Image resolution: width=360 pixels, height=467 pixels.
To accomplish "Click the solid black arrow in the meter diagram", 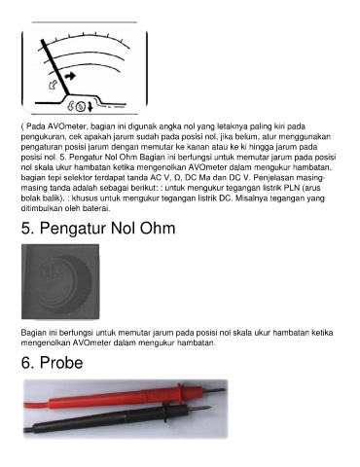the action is pyautogui.click(x=70, y=76).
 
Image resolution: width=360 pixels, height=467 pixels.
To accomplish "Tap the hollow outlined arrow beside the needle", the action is pyautogui.click(x=53, y=85).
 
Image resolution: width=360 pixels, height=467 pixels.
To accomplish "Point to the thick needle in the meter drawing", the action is pyautogui.click(x=55, y=67).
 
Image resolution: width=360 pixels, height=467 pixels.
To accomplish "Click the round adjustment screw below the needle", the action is pyautogui.click(x=81, y=106).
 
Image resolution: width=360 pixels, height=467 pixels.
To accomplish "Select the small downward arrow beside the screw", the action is pyautogui.click(x=90, y=106).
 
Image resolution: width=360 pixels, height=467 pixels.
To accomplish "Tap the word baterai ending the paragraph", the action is pyautogui.click(x=99, y=208).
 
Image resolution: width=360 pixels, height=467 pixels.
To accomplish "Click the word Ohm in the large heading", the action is pyautogui.click(x=158, y=228).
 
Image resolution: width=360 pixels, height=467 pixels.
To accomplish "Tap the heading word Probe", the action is pyautogui.click(x=61, y=363).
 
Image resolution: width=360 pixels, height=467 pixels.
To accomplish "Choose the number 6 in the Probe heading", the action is pyautogui.click(x=25, y=363).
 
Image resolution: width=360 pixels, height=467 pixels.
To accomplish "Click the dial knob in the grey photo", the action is pyautogui.click(x=65, y=281).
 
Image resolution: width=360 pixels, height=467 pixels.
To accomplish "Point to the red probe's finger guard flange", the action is pyautogui.click(x=180, y=393).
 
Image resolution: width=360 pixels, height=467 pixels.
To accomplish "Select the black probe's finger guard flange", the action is pyautogui.click(x=166, y=413).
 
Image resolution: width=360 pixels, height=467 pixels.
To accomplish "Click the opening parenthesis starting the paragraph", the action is pyautogui.click(x=22, y=126).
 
